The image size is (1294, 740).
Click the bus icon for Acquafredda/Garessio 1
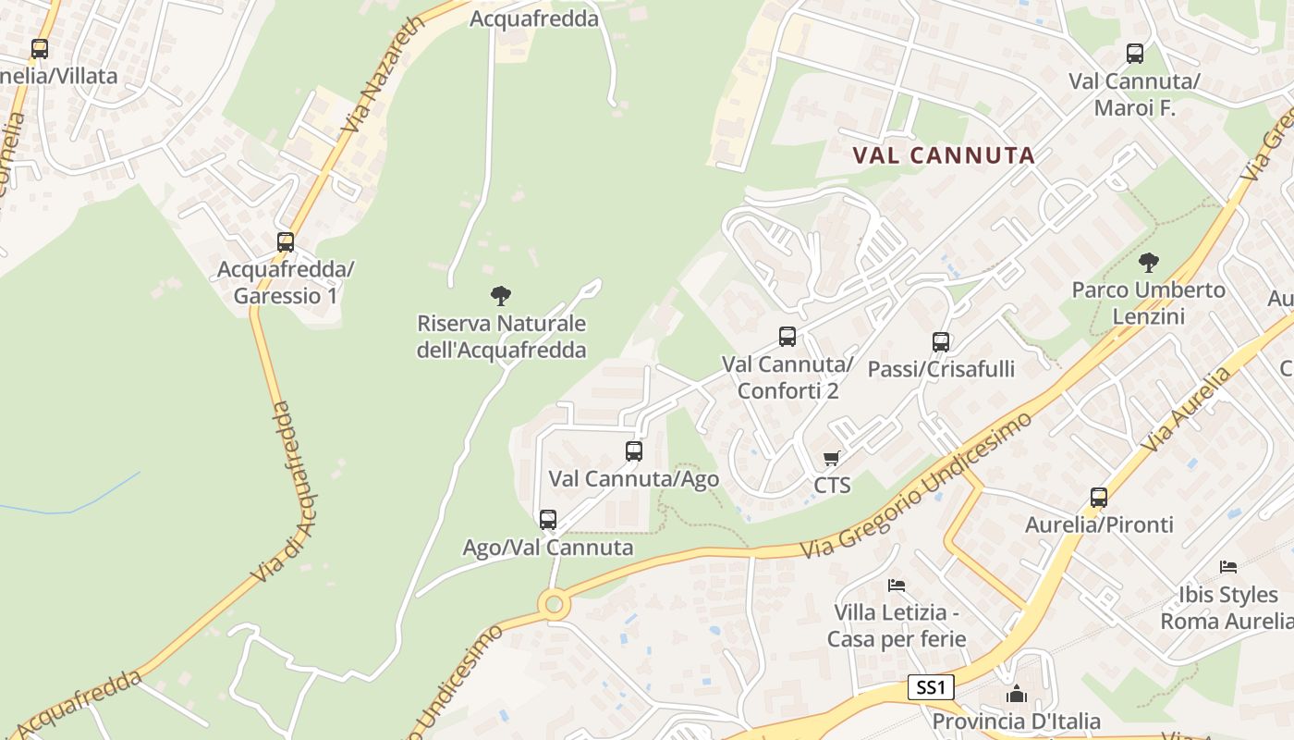[286, 242]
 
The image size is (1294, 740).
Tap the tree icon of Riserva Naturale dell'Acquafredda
[501, 296]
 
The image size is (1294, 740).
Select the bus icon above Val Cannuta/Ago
[634, 451]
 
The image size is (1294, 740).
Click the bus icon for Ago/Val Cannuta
[548, 520]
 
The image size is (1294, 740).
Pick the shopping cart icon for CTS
[832, 458]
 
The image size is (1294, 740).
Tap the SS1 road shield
[930, 687]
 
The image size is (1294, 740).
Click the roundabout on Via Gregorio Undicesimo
[554, 605]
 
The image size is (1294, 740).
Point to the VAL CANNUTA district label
[944, 155]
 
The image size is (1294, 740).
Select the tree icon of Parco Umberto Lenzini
[1149, 263]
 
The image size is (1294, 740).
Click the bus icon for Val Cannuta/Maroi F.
[1135, 54]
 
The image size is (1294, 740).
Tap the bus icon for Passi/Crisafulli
[941, 342]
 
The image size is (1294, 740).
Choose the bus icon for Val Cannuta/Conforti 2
[787, 337]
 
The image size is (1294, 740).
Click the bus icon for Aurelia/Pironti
[1099, 498]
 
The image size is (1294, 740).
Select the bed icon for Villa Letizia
[897, 585]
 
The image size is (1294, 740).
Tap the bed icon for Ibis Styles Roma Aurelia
[1228, 566]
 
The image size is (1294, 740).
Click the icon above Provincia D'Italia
[1017, 694]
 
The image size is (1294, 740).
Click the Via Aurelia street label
[1187, 409]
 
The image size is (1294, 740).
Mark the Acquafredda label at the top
[534, 18]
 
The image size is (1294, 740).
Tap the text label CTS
[832, 485]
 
